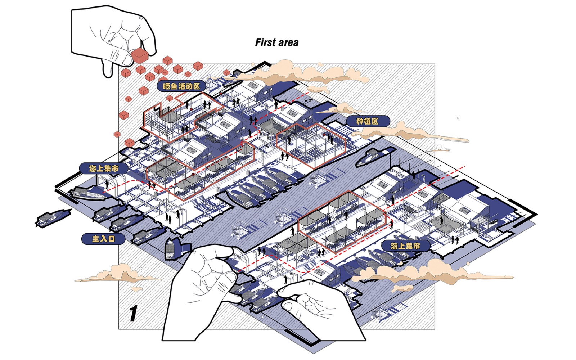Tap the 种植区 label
pyautogui.click(x=368, y=121)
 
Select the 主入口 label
pyautogui.click(x=103, y=239)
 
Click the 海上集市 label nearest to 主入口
pyautogui.click(x=104, y=168)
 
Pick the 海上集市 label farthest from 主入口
pyautogui.click(x=405, y=246)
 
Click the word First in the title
pyautogui.click(x=266, y=42)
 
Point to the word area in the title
pyautogui.click(x=288, y=43)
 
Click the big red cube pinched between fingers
pyautogui.click(x=139, y=56)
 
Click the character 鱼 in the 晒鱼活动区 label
pyautogui.click(x=174, y=86)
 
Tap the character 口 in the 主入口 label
pyautogui.click(x=111, y=239)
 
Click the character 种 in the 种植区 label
pyautogui.click(x=360, y=121)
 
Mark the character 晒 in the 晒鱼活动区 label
pyautogui.click(x=166, y=86)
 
